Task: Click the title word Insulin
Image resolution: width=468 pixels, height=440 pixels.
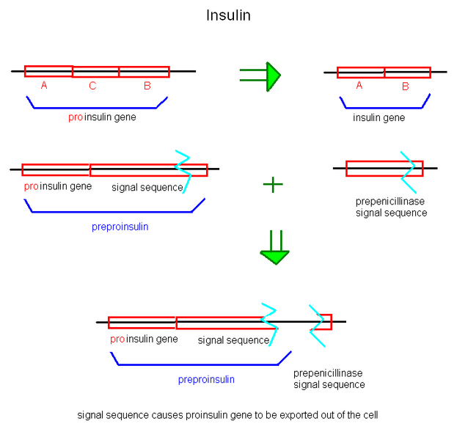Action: point(228,15)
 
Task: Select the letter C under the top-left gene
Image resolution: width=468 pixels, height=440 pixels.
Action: point(92,86)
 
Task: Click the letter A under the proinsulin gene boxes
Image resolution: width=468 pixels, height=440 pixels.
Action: point(44,86)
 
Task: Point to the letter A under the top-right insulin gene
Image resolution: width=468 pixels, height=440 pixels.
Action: point(359,86)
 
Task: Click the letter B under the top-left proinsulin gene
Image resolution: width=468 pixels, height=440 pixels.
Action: point(147,86)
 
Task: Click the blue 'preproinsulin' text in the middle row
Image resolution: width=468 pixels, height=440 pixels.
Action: point(120,227)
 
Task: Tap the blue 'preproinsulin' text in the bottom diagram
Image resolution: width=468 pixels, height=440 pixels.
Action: point(206,379)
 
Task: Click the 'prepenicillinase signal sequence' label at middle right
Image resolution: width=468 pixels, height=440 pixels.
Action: point(390,207)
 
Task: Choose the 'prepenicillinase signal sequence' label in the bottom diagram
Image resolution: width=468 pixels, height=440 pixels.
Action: point(329,378)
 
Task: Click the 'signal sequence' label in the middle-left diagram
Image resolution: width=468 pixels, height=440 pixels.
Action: point(147,187)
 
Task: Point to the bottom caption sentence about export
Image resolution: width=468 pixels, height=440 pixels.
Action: point(227,415)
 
